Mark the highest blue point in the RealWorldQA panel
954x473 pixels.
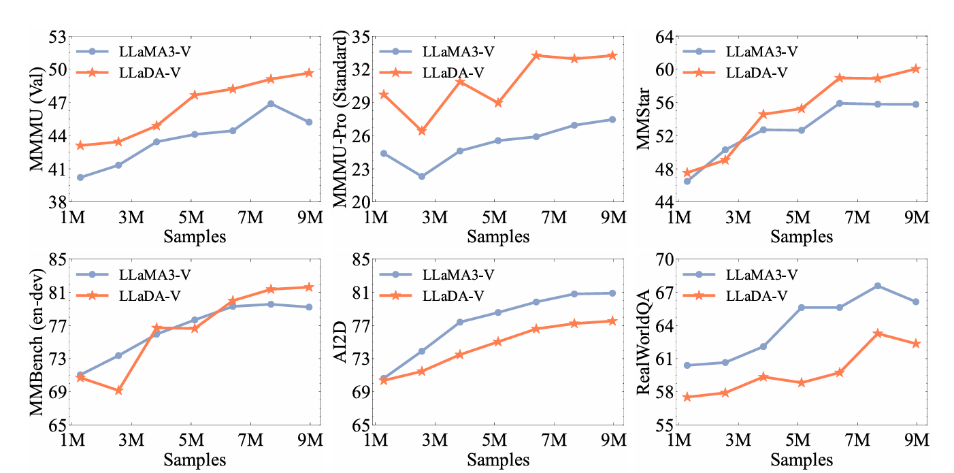click(878, 286)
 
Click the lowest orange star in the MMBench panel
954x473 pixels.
click(118, 391)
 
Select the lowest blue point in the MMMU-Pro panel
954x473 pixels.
click(422, 176)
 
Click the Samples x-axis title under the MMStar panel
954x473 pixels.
click(802, 236)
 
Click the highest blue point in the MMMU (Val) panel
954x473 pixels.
click(271, 103)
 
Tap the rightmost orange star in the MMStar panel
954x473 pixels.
click(916, 69)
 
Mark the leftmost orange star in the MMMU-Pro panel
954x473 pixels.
click(384, 95)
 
